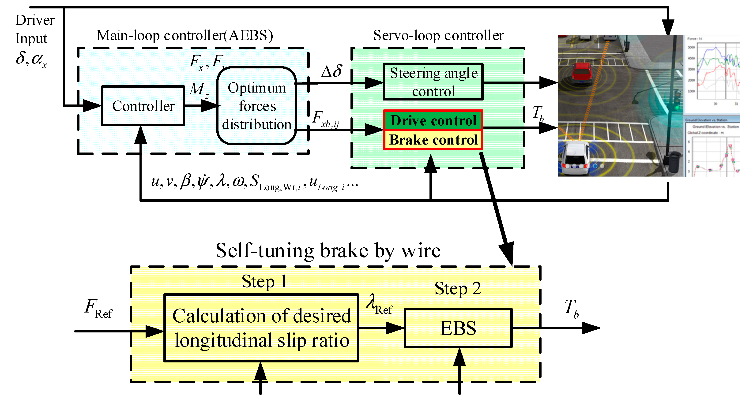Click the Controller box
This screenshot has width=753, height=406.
tap(143, 106)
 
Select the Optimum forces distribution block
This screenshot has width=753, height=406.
tap(257, 106)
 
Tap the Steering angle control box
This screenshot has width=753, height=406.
tap(433, 82)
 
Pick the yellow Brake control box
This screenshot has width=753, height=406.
tap(433, 140)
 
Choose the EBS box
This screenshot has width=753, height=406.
tap(458, 328)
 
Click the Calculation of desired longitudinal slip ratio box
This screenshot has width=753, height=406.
tap(261, 328)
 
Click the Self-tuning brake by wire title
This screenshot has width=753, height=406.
tap(328, 251)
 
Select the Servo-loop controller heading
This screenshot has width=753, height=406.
tap(438, 36)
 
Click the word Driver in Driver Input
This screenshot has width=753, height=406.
tap(35, 20)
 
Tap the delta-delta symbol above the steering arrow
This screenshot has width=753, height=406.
tap(331, 71)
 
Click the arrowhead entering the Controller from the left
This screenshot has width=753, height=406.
tap(91, 105)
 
